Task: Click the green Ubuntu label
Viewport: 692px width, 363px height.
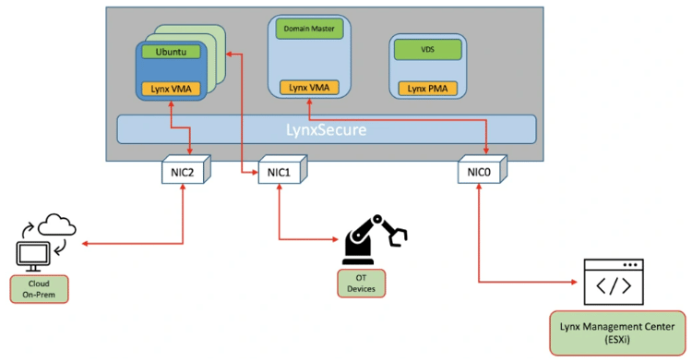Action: (x=171, y=52)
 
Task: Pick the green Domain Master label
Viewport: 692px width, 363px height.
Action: (x=308, y=30)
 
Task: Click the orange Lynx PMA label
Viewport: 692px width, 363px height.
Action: (x=427, y=89)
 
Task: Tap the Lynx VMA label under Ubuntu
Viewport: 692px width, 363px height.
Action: (x=171, y=89)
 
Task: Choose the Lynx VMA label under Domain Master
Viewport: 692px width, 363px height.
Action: (x=308, y=88)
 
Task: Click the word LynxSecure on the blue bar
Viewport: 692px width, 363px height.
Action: (x=325, y=129)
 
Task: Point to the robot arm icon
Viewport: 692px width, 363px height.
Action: (x=373, y=239)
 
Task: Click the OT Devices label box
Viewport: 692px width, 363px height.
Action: (x=361, y=284)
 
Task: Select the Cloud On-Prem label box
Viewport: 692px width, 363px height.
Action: (x=40, y=288)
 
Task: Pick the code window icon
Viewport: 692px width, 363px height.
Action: (x=614, y=284)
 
